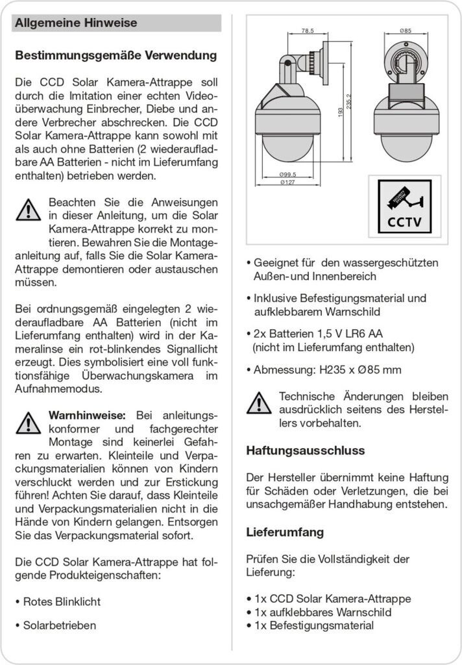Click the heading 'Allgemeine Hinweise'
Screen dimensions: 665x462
[x=76, y=23]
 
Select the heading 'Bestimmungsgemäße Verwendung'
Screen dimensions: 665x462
[x=115, y=56]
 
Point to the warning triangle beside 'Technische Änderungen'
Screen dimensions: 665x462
[x=259, y=403]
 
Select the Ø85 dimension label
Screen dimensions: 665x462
[x=406, y=31]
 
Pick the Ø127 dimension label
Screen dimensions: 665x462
[x=288, y=182]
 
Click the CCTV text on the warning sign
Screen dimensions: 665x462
[x=404, y=221]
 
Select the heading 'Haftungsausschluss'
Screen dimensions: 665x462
[x=306, y=450]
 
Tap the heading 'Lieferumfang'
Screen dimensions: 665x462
[x=285, y=533]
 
